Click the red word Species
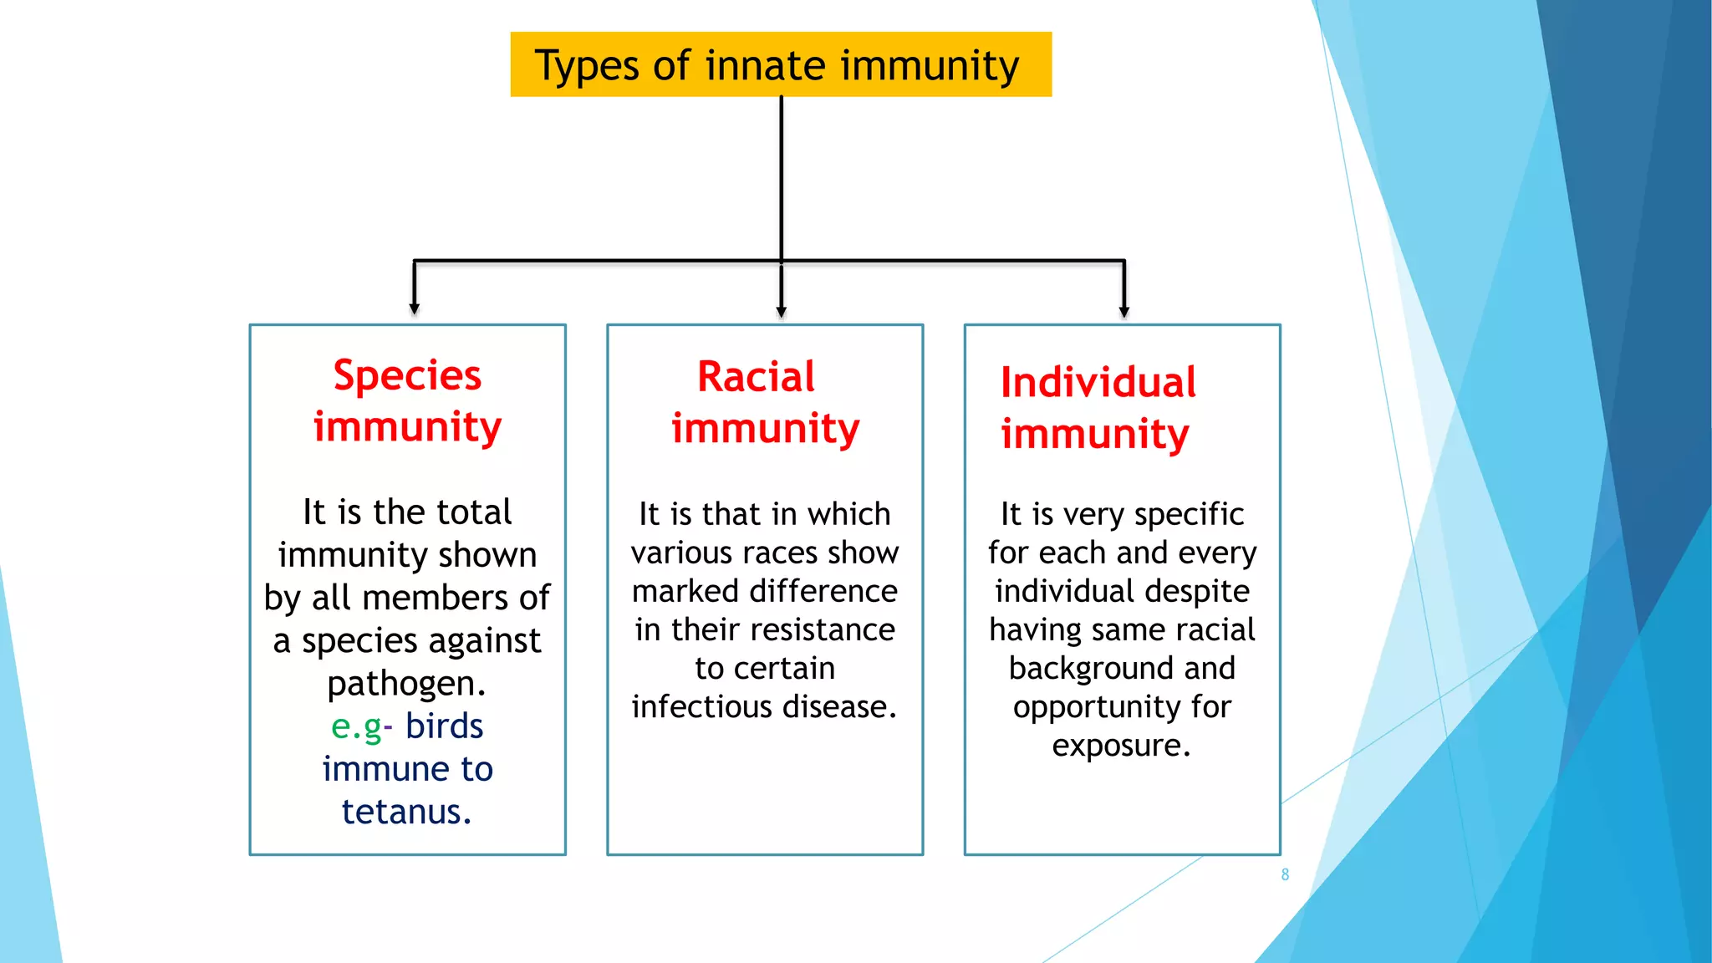(x=407, y=375)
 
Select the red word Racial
(x=756, y=377)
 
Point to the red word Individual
(x=1098, y=383)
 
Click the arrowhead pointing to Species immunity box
(x=414, y=308)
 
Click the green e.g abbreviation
(x=357, y=727)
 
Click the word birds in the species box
(x=444, y=726)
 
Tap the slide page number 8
(x=1285, y=874)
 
